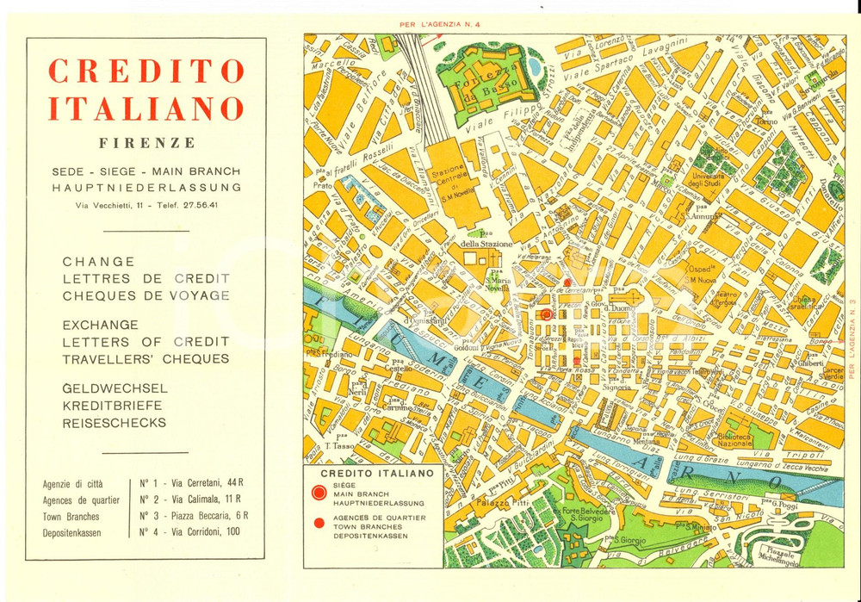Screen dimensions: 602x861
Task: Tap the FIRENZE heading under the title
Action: pyautogui.click(x=146, y=142)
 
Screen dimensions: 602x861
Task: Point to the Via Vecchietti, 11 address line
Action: pyautogui.click(x=146, y=205)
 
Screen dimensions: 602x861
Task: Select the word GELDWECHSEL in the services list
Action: pyautogui.click(x=115, y=388)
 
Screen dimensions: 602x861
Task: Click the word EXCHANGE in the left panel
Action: pyautogui.click(x=100, y=325)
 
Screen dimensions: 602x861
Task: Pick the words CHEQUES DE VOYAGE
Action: pyautogui.click(x=146, y=295)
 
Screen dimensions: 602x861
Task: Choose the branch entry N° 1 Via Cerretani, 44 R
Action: pyautogui.click(x=189, y=483)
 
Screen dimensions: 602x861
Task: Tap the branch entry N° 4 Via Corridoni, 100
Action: pyautogui.click(x=189, y=531)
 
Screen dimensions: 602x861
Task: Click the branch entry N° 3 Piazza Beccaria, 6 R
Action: pyautogui.click(x=194, y=515)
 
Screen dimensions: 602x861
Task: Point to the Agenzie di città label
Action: pyautogui.click(x=72, y=483)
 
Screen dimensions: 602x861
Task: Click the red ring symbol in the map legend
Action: pyautogui.click(x=319, y=493)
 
